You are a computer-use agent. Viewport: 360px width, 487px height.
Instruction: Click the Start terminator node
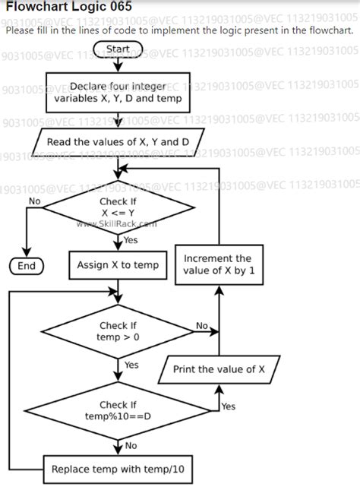118,49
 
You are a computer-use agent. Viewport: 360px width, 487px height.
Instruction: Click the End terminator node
27,266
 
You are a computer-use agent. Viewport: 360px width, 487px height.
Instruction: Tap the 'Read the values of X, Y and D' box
117,142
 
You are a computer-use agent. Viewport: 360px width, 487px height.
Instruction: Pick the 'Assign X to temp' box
118,264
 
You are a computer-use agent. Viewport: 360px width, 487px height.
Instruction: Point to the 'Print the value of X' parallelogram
219,370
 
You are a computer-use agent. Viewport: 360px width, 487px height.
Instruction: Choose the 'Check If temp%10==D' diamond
118,411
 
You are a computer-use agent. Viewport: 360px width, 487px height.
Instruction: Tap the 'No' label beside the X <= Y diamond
34,201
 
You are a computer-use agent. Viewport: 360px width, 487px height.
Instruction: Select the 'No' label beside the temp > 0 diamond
201,325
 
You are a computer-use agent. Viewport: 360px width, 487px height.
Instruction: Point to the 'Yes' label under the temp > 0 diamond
131,365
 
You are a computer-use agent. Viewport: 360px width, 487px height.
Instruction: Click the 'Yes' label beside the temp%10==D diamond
228,406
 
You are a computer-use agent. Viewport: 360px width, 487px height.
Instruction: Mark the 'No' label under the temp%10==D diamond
131,446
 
